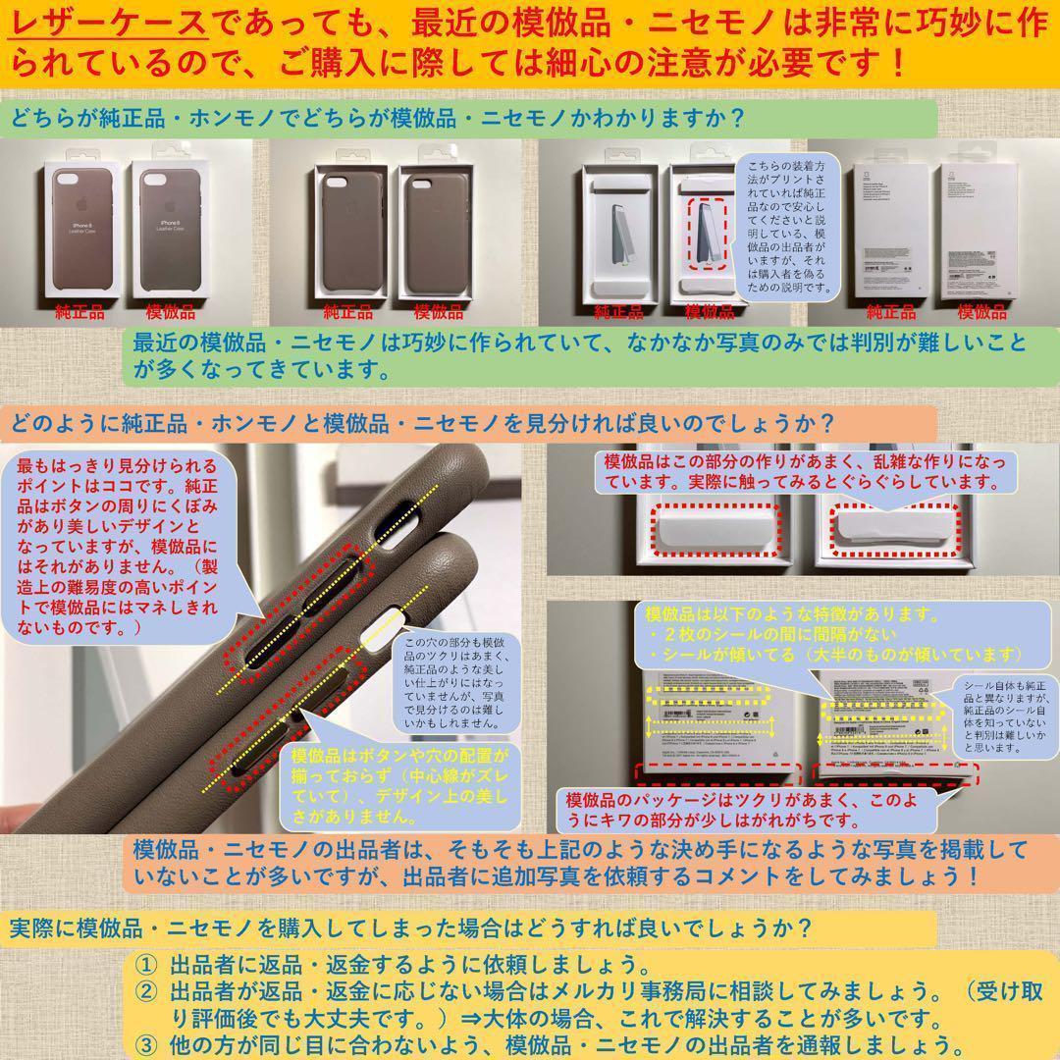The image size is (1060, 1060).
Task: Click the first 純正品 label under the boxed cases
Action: pos(81,314)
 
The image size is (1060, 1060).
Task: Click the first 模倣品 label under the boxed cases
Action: pos(172,314)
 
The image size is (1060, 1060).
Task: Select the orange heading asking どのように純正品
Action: pos(422,425)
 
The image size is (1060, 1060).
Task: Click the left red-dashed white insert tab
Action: pos(713,531)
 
